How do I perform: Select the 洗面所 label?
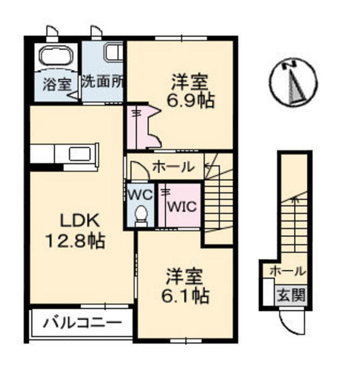(102, 81)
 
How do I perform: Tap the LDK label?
(80, 221)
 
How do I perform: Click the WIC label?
(182, 207)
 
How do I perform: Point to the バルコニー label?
(83, 323)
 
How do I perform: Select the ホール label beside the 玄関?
(287, 271)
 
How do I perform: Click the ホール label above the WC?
(173, 167)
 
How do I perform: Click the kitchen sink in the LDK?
(81, 153)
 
